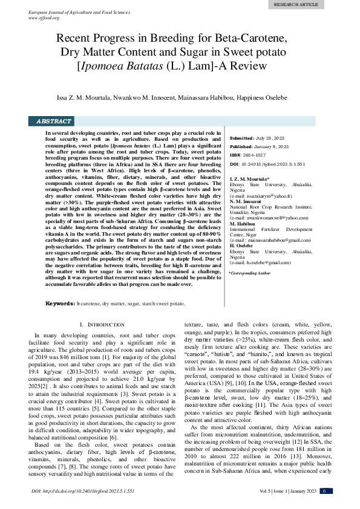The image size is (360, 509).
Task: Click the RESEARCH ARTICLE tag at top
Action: pyautogui.click(x=295, y=4)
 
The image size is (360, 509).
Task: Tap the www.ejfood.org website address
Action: pyautogui.click(x=44, y=18)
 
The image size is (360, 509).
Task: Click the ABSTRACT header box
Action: pyautogui.click(x=53, y=122)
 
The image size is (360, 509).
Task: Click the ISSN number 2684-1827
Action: pyautogui.click(x=257, y=155)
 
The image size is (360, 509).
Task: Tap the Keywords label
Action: pyautogui.click(x=61, y=303)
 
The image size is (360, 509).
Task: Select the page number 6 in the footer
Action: pyautogui.click(x=326, y=491)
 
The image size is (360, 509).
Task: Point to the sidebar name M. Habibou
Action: pyautogui.click(x=243, y=224)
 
